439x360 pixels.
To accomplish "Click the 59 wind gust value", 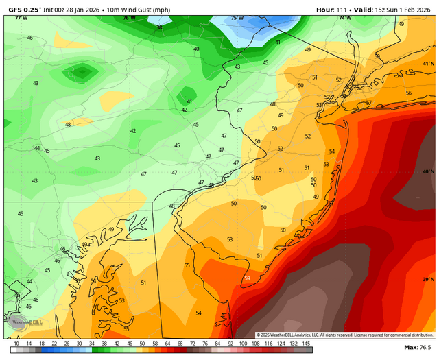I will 247,278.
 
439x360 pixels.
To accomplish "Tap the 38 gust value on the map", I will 159,28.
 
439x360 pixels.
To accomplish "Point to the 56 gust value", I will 409,93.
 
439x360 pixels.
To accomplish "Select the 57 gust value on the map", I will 368,104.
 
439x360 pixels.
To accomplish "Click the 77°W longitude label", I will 21,18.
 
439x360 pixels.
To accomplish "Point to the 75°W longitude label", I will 237,18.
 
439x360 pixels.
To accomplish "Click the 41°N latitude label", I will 429,64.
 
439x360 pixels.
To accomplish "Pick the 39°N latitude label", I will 429,279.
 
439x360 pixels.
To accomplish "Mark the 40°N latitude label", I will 429,172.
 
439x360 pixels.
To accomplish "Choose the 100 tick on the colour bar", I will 243,342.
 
